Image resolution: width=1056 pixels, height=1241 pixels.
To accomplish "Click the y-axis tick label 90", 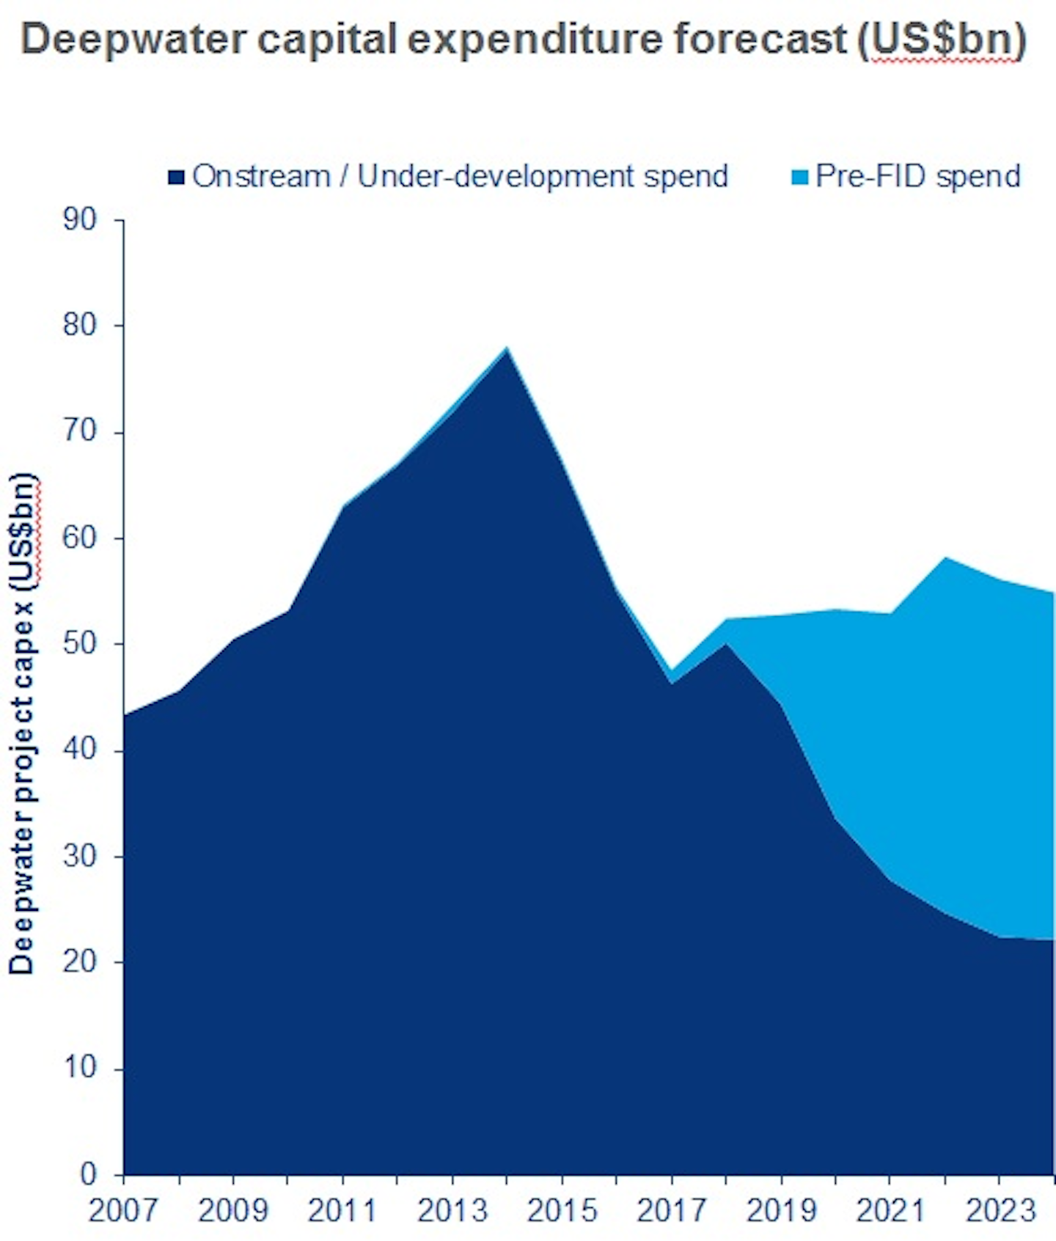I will click(x=80, y=219).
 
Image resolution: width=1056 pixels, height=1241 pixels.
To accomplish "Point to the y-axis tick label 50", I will click(x=80, y=643).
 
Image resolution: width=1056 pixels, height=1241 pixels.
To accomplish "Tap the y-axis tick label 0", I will click(x=89, y=1174).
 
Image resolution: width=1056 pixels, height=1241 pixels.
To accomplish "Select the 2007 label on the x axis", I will click(x=122, y=1210).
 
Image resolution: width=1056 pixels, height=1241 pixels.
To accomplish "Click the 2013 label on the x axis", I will click(x=452, y=1210).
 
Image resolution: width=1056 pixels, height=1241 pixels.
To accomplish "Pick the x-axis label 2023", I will click(x=1000, y=1210).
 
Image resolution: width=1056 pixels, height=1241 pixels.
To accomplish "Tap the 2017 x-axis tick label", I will click(x=671, y=1210).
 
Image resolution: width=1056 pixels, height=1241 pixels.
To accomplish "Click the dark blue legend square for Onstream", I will click(x=176, y=177).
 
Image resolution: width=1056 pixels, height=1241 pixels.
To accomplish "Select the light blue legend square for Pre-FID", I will click(x=800, y=177).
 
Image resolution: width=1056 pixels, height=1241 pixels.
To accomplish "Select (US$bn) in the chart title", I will click(x=942, y=40).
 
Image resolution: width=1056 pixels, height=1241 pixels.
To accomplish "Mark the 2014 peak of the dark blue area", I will click(x=507, y=351).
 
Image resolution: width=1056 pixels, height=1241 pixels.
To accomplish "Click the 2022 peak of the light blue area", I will click(x=945, y=559).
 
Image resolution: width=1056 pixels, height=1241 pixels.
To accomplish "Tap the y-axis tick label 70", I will click(x=80, y=431).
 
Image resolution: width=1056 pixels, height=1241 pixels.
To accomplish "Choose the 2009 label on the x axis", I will click(x=232, y=1210).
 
